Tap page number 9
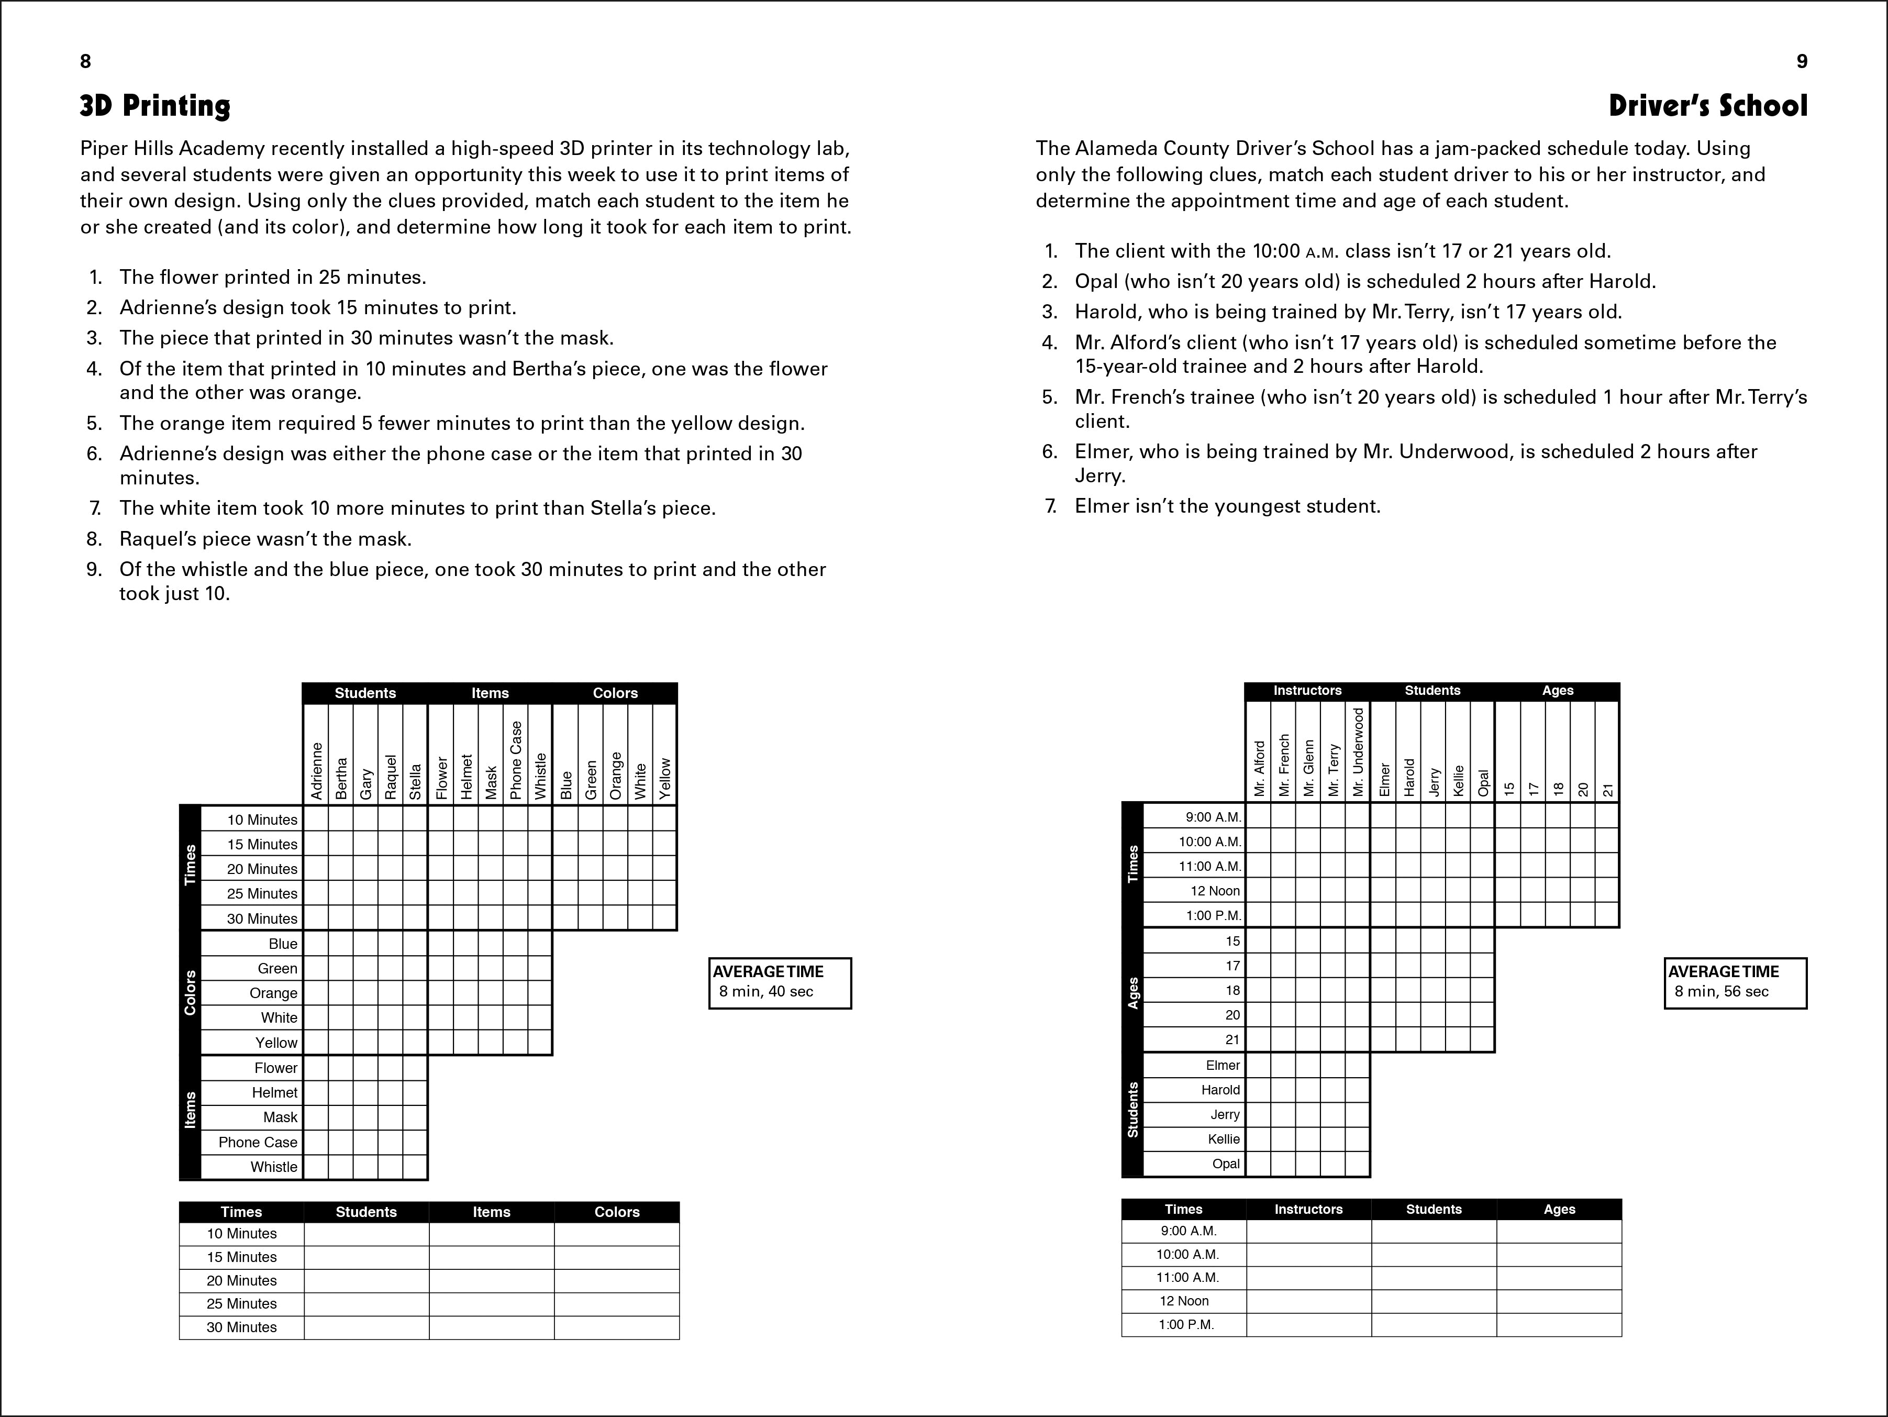(1801, 61)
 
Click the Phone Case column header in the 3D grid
(516, 760)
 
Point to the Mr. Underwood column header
(1358, 752)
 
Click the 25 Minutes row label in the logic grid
(262, 894)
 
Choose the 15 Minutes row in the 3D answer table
(241, 1257)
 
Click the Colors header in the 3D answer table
(616, 1212)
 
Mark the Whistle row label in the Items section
(274, 1167)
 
